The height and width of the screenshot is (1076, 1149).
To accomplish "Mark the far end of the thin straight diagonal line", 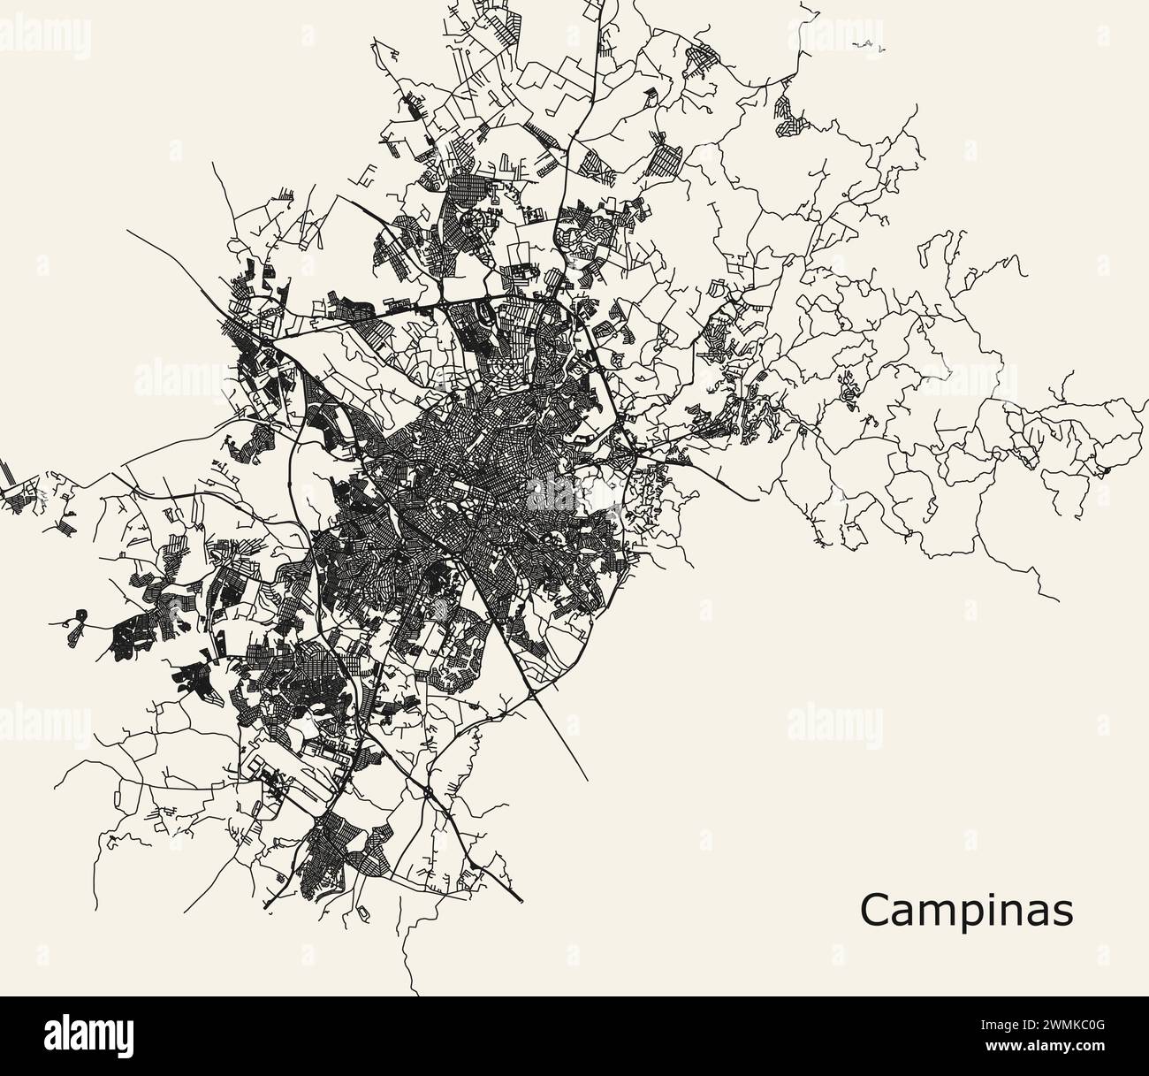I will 589,781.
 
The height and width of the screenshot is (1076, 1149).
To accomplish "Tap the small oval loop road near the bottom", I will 362,910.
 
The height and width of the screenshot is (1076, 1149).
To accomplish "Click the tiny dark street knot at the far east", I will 1101,469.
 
